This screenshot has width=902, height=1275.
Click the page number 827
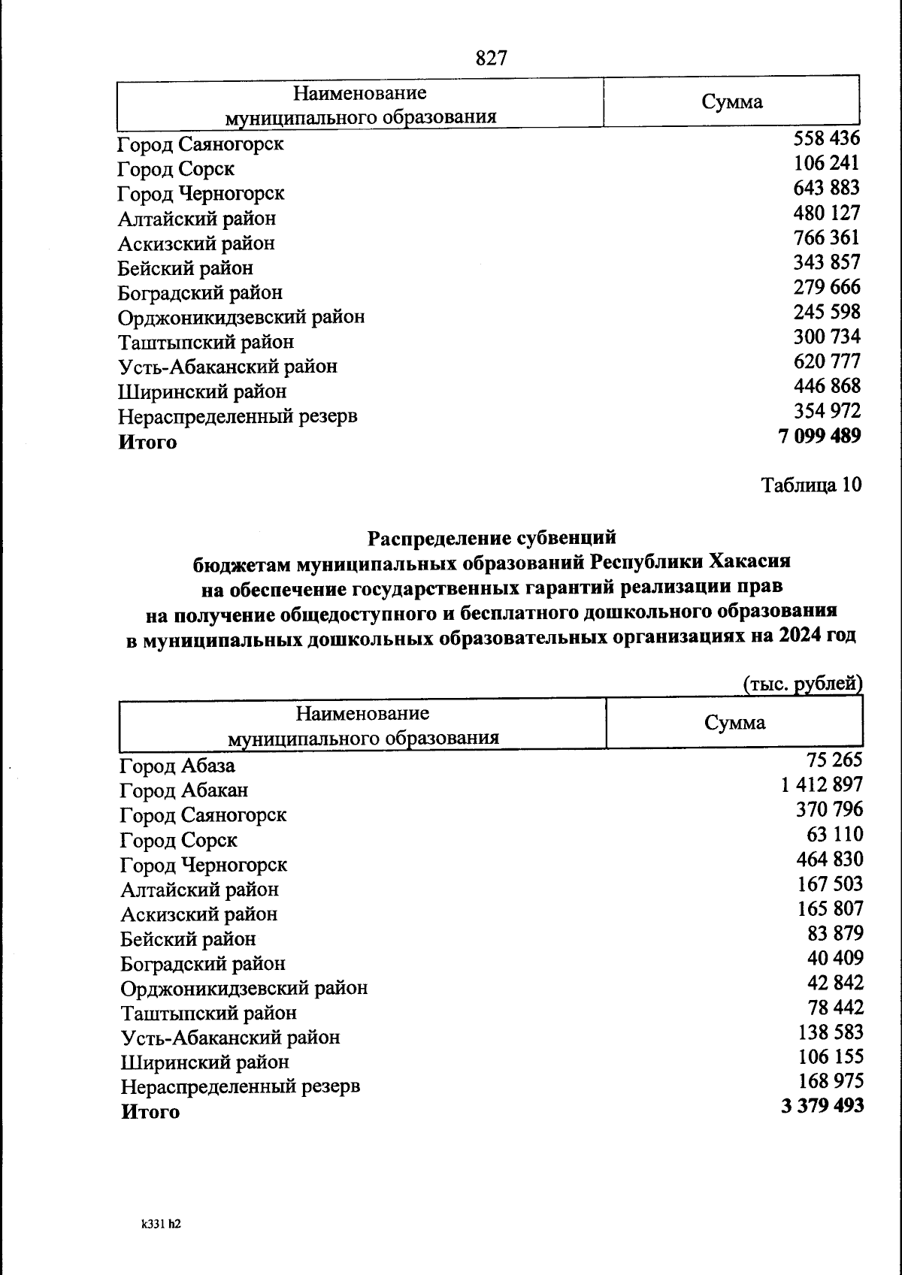[492, 58]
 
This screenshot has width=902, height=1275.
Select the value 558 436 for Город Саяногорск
[826, 138]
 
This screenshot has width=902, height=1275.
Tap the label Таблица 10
[811, 485]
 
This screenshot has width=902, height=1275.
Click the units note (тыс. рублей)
[802, 684]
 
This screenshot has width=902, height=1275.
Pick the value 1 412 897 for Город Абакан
[822, 784]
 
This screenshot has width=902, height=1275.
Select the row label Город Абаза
[177, 766]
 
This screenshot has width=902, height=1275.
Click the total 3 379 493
[822, 1106]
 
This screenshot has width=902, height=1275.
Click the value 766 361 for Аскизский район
[826, 237]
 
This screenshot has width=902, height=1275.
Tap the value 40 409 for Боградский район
[834, 958]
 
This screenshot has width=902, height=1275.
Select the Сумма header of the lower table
[734, 723]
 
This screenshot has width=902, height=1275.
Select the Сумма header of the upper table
[731, 102]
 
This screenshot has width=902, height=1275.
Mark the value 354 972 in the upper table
[827, 411]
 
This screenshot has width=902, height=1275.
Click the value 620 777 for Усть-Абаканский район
[826, 361]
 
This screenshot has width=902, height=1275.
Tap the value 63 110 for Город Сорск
[834, 834]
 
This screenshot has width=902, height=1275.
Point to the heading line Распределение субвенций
[492, 537]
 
